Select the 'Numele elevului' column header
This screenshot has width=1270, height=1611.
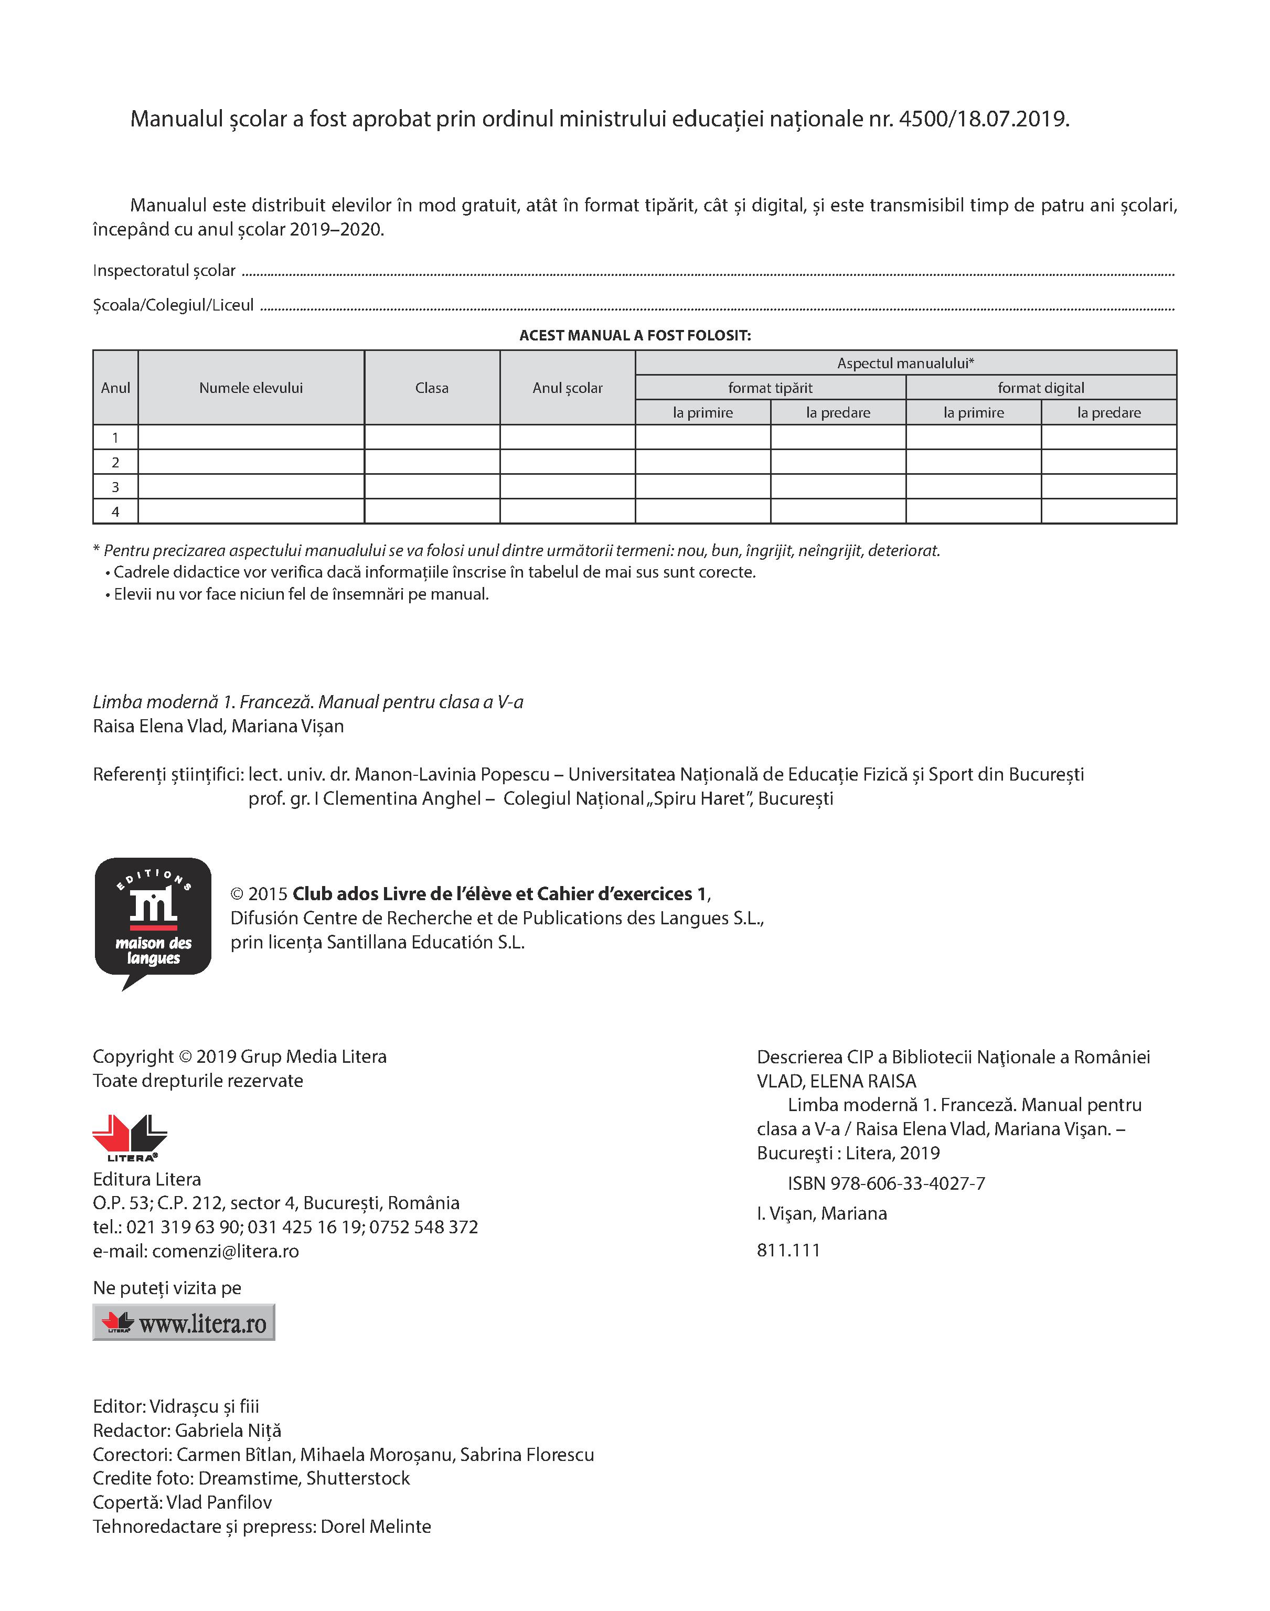click(x=251, y=387)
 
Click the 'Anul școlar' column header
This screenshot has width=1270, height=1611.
click(x=568, y=387)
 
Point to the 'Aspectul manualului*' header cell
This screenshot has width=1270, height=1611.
click(x=905, y=363)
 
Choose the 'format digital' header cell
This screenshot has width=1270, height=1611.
click(x=1040, y=387)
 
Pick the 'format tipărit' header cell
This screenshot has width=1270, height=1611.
click(x=770, y=387)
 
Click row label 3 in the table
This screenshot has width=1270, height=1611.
click(x=115, y=487)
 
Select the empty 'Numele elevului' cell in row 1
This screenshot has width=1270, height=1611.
click(x=251, y=437)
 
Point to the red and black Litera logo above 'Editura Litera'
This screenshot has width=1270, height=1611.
click(x=130, y=1137)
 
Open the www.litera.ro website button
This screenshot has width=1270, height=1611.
click(x=184, y=1322)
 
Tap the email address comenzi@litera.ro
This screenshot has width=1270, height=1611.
click(x=225, y=1251)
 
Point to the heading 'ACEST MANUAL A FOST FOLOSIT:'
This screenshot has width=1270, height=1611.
click(x=634, y=335)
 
